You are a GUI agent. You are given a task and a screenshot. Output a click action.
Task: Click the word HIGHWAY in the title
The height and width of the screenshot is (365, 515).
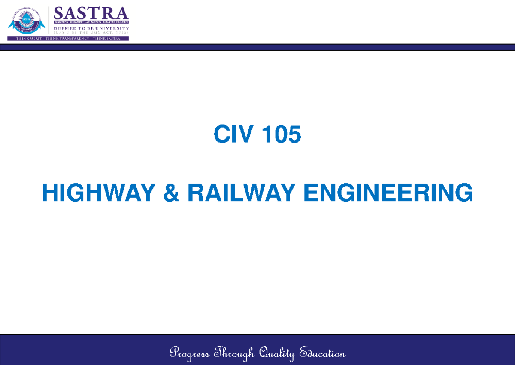point(98,193)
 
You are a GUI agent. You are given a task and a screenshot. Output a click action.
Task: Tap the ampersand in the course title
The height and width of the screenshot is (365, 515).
point(173,193)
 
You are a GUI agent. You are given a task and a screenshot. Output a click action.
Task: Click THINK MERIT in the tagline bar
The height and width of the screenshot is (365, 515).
point(29,38)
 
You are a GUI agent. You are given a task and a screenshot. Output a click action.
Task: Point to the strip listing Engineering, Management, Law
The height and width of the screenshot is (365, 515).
point(91,21)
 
